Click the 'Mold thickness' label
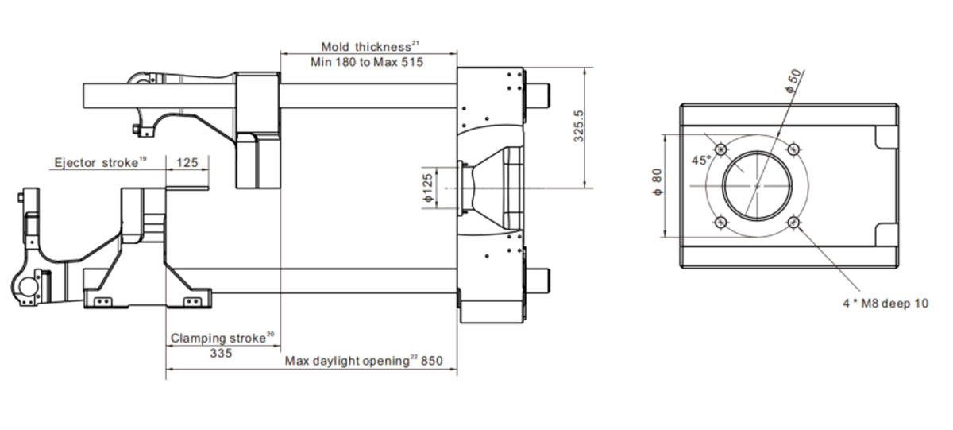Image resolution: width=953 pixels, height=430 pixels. [365, 46]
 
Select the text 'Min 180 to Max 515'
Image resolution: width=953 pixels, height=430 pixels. [367, 62]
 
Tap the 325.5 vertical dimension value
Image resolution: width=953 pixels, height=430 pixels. [579, 126]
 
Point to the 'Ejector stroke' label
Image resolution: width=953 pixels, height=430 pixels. [96, 163]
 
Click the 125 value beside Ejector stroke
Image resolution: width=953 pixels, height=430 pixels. [187, 162]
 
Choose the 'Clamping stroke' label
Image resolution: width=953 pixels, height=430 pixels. [218, 338]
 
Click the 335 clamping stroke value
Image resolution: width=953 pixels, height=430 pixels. [222, 353]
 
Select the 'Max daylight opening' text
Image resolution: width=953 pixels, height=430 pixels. [347, 361]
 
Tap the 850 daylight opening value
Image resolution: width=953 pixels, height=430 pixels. [432, 361]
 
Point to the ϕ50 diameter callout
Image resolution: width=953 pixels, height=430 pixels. [794, 80]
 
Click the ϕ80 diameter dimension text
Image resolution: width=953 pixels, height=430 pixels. [658, 182]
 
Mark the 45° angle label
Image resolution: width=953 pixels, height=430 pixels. [700, 161]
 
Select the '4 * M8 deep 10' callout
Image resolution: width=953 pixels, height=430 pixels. [885, 303]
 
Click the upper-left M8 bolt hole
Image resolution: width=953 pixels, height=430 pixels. [721, 149]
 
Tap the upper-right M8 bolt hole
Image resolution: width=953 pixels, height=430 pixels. [793, 149]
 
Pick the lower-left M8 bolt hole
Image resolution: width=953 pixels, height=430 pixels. [721, 223]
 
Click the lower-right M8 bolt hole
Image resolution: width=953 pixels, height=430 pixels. [793, 223]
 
